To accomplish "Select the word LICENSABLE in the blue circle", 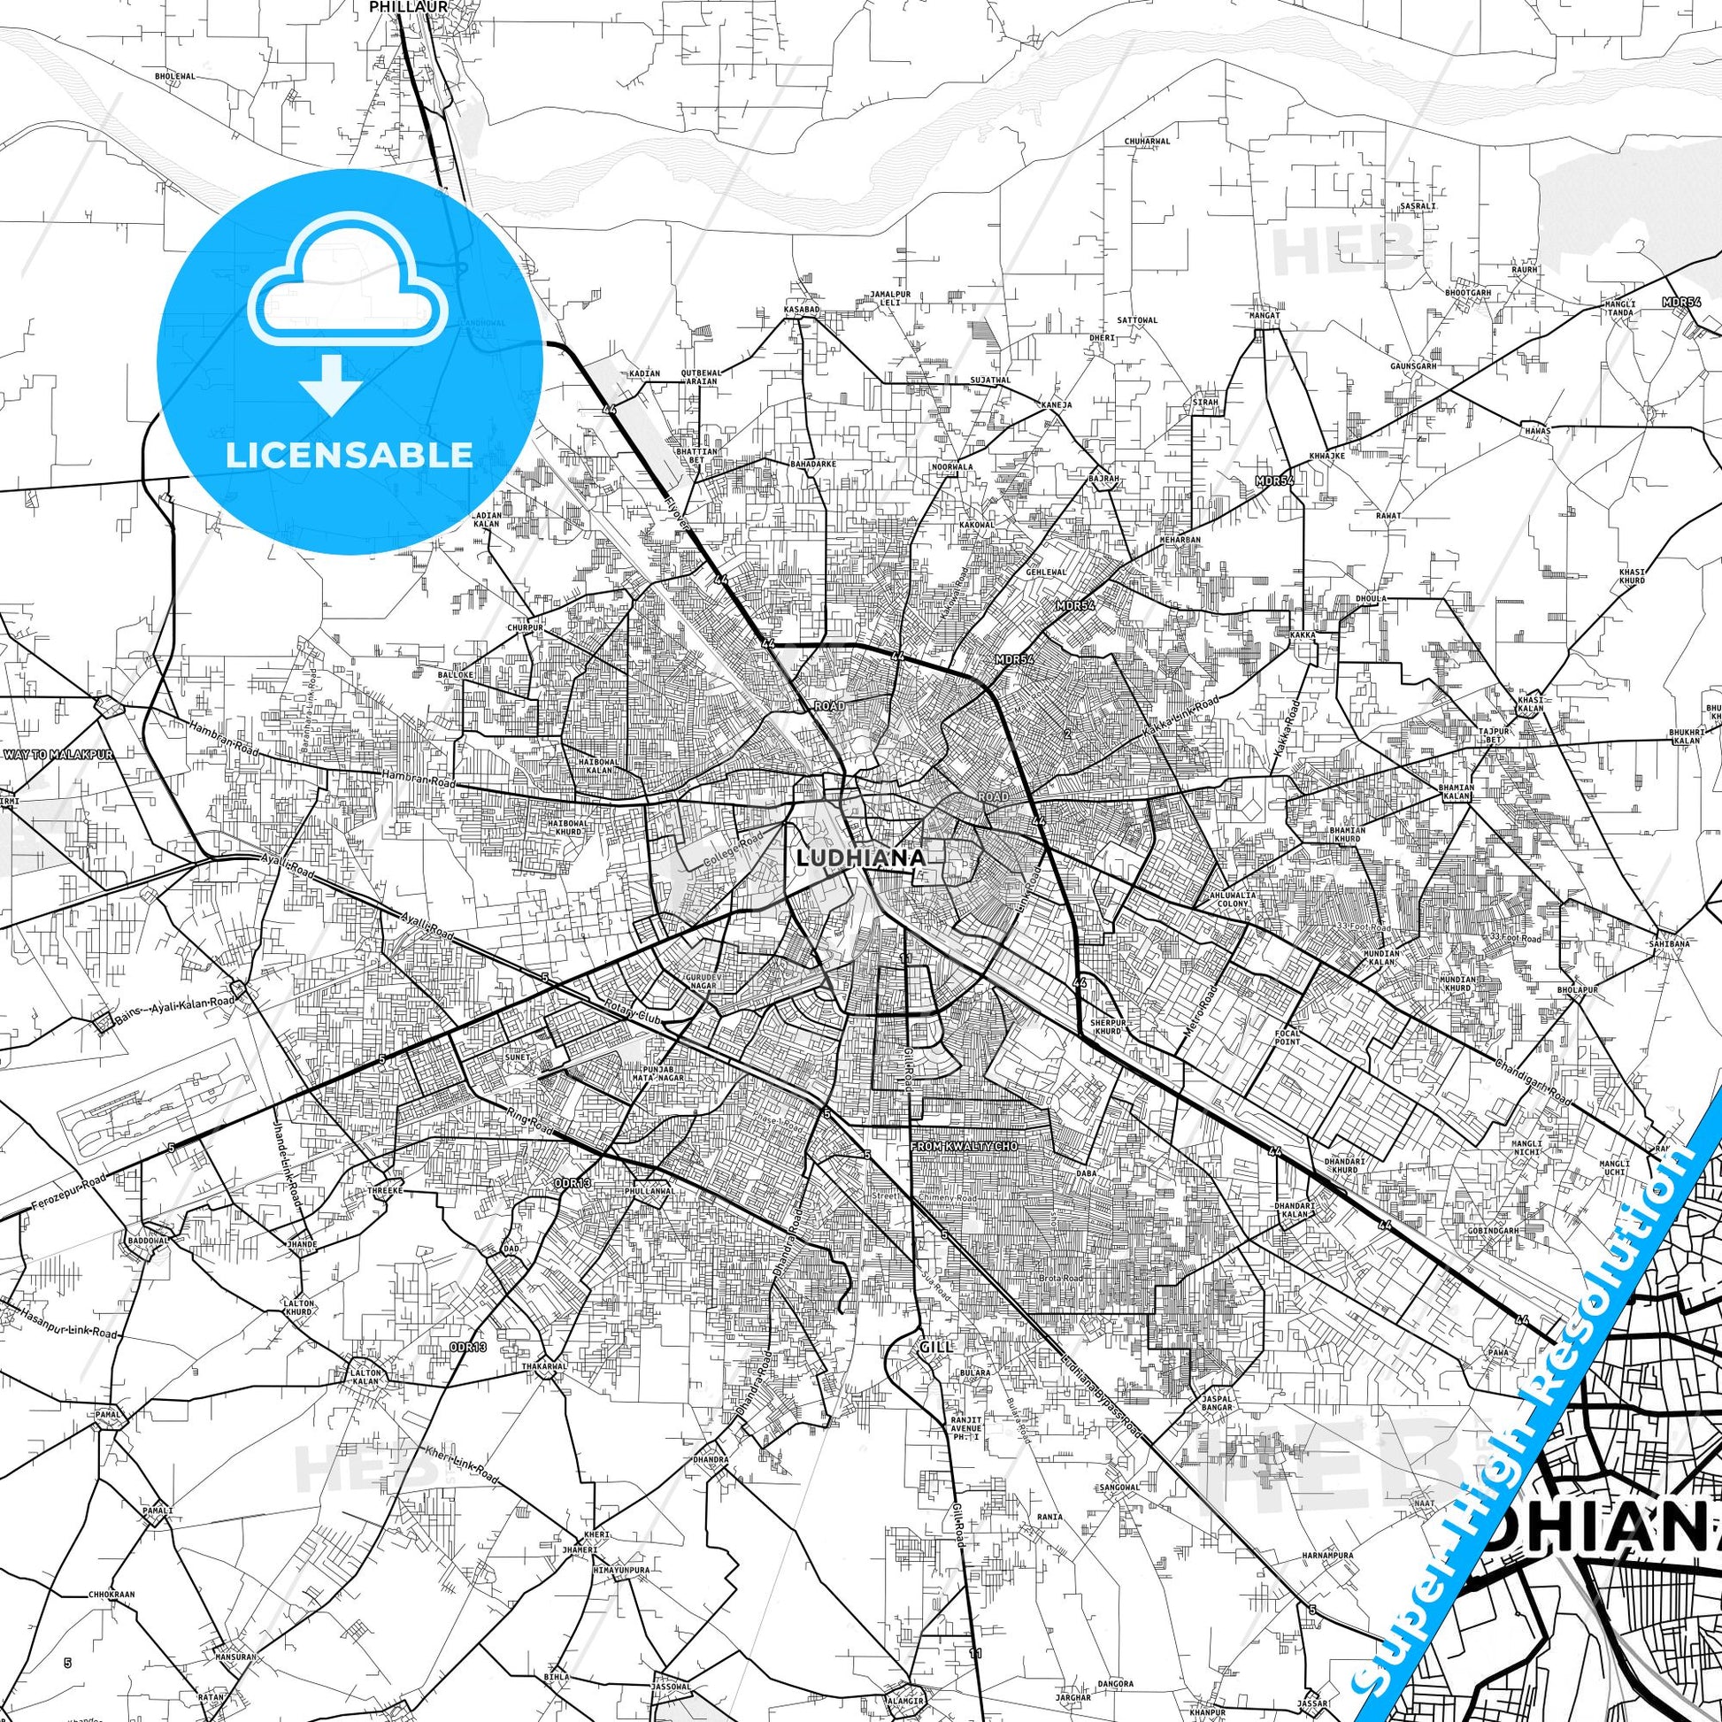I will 350,455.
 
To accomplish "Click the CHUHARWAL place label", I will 1146,141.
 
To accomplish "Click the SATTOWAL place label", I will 1136,319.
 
